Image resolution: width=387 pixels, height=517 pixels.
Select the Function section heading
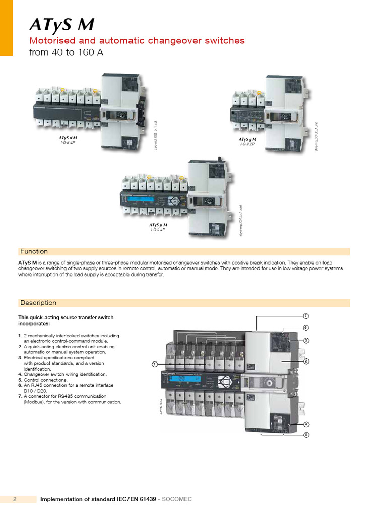point(34,251)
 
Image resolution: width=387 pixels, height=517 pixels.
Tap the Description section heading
point(38,303)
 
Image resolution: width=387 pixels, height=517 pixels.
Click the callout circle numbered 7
point(305,316)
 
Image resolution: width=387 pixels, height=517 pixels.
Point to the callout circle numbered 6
point(305,328)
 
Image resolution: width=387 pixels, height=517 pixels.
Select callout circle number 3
point(305,341)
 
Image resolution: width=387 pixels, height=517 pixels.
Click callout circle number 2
point(305,361)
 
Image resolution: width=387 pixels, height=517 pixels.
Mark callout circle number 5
point(305,435)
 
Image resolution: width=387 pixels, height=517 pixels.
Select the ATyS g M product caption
point(247,139)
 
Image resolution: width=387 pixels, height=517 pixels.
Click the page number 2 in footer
point(15,499)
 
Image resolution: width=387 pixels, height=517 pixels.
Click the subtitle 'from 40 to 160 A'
point(67,53)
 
